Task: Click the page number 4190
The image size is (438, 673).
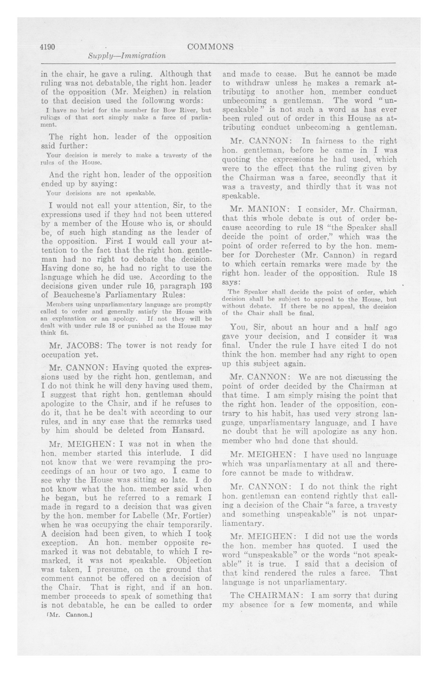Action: point(47,47)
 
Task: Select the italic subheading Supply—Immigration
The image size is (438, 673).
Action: point(127,56)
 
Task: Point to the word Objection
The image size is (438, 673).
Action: point(194,561)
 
